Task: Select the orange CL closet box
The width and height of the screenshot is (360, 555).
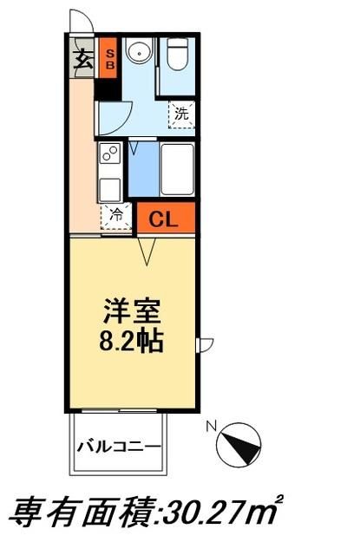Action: coord(164,219)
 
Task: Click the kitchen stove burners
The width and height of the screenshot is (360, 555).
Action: coord(110,156)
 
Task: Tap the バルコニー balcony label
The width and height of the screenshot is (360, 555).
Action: coord(118,447)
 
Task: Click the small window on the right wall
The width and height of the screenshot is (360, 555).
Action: coord(205,346)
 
